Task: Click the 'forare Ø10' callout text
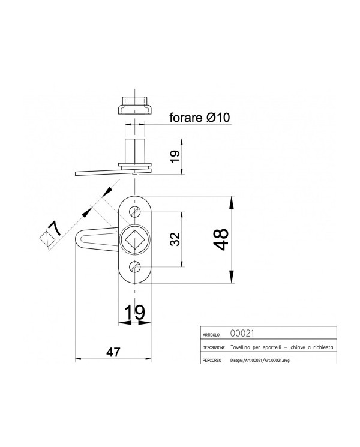[200, 118]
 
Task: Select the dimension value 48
[221, 239]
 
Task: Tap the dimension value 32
[175, 239]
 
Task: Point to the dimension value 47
[113, 352]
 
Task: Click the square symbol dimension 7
[51, 234]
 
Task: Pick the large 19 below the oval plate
[135, 312]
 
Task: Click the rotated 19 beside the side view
[175, 156]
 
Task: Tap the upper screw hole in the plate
[135, 212]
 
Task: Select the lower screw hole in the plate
[135, 267]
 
